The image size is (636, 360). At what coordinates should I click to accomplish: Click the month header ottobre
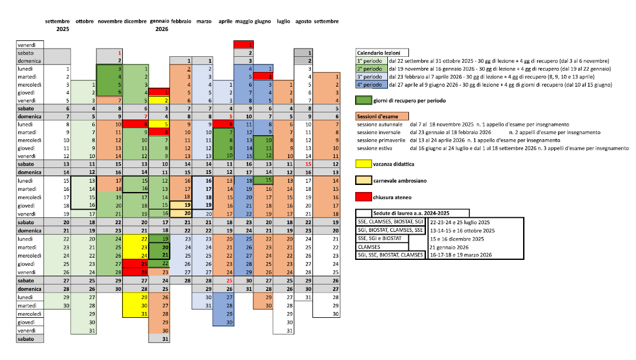click(x=85, y=22)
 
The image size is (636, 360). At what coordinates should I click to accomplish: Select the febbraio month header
click(x=181, y=22)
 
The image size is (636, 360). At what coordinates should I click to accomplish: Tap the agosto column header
click(x=304, y=22)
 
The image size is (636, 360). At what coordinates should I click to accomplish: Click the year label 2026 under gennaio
click(x=161, y=29)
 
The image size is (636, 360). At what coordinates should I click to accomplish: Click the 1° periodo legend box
click(x=371, y=61)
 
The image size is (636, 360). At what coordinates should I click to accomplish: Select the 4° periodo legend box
click(x=371, y=84)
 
